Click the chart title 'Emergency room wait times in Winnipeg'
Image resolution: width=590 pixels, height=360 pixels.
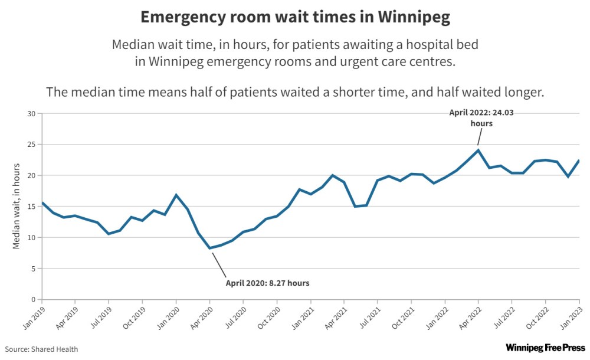[295, 17]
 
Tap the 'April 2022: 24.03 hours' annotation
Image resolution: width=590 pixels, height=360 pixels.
[481, 118]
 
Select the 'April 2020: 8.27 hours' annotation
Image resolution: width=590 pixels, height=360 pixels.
[267, 283]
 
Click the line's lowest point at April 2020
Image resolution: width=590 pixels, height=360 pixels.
[209, 248]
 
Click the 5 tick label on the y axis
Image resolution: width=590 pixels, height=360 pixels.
[34, 269]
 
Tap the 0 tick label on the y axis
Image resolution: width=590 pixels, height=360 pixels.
[34, 299]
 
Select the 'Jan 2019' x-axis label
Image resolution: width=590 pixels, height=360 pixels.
[34, 318]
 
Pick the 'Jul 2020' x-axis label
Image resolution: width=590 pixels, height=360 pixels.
[235, 318]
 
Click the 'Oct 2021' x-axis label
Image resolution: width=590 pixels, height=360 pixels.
[403, 318]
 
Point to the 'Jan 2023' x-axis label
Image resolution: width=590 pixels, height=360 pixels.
[571, 318]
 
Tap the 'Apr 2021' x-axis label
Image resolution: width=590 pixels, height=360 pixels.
[336, 318]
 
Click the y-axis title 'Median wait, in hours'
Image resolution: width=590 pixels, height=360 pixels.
[16, 206]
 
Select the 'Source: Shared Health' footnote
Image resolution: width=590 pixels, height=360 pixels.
[41, 349]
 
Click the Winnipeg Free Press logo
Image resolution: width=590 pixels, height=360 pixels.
[545, 348]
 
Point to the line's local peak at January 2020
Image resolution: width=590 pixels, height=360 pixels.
[176, 195]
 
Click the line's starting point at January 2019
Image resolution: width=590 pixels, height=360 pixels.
[42, 203]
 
